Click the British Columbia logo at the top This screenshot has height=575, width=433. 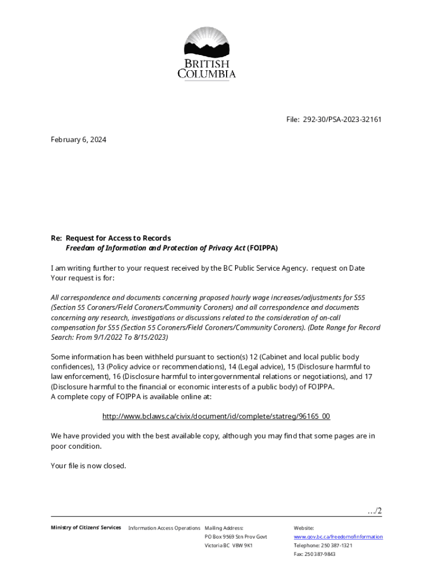207,53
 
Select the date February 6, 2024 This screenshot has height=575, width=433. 78,139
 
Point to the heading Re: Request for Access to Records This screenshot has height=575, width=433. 111,238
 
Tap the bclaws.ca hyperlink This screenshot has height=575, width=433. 216,416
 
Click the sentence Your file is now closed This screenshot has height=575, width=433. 88,466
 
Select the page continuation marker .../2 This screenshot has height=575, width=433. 374,510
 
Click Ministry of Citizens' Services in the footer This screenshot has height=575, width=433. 85,527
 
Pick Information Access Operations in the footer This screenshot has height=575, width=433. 164,528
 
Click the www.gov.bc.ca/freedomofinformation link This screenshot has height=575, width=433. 338,537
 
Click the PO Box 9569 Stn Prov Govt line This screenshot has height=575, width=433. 236,537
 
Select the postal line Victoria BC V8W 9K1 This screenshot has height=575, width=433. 228,545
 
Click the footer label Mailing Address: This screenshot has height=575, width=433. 224,528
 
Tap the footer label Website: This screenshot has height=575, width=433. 304,528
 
